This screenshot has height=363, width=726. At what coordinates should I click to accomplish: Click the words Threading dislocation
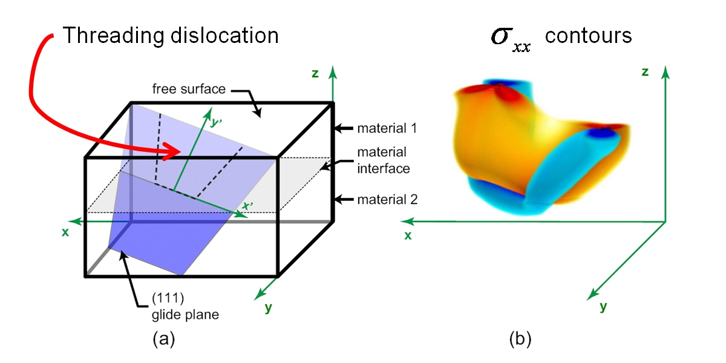(x=171, y=36)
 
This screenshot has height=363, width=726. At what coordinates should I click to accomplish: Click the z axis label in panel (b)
(x=645, y=72)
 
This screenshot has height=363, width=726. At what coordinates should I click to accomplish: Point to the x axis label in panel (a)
(x=64, y=231)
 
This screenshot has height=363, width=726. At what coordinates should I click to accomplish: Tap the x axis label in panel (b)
(x=408, y=235)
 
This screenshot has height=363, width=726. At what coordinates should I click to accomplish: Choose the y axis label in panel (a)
(x=267, y=308)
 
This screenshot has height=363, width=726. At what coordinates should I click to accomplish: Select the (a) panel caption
(x=163, y=339)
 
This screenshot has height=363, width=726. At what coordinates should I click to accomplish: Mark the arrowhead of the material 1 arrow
(x=338, y=128)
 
